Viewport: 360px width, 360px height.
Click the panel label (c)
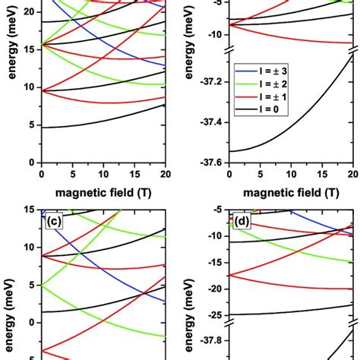coord(53,223)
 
